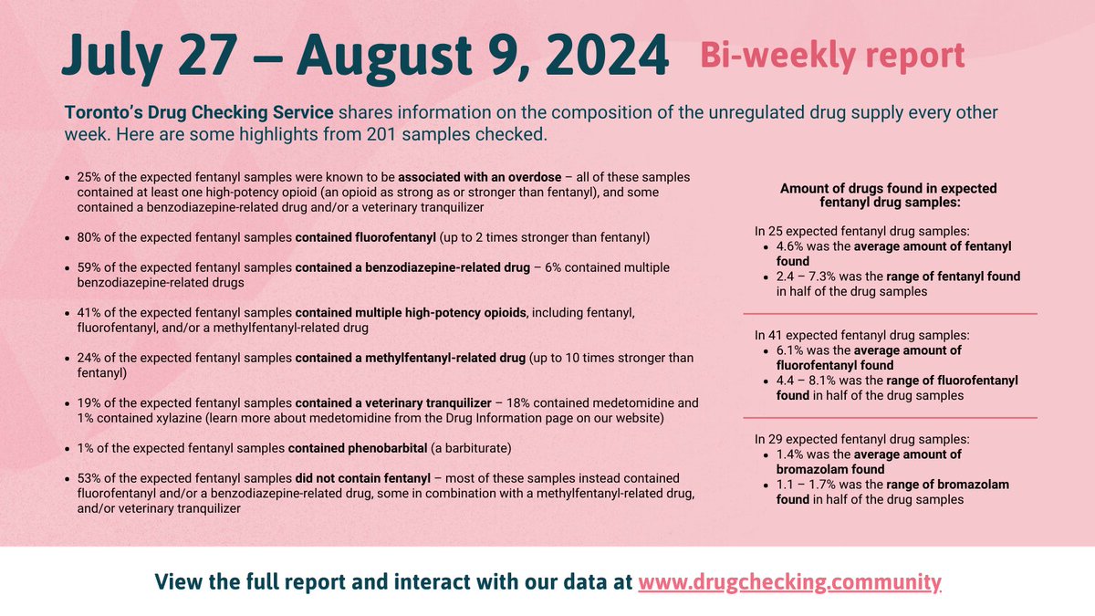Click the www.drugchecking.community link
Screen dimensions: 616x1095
789,581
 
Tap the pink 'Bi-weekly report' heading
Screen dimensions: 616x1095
831,56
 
